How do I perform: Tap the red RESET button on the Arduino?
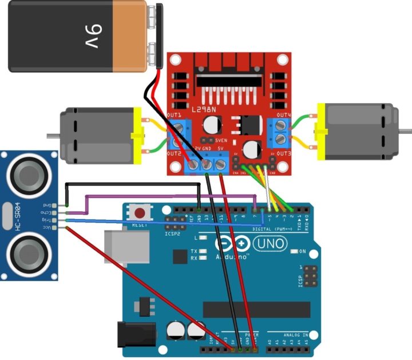pyautogui.click(x=139, y=213)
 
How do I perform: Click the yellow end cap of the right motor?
pyautogui.click(x=322, y=131)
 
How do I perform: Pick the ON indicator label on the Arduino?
pyautogui.click(x=302, y=251)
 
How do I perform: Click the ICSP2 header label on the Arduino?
pyautogui.click(x=172, y=234)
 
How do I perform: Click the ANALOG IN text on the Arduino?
pyautogui.click(x=295, y=334)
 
